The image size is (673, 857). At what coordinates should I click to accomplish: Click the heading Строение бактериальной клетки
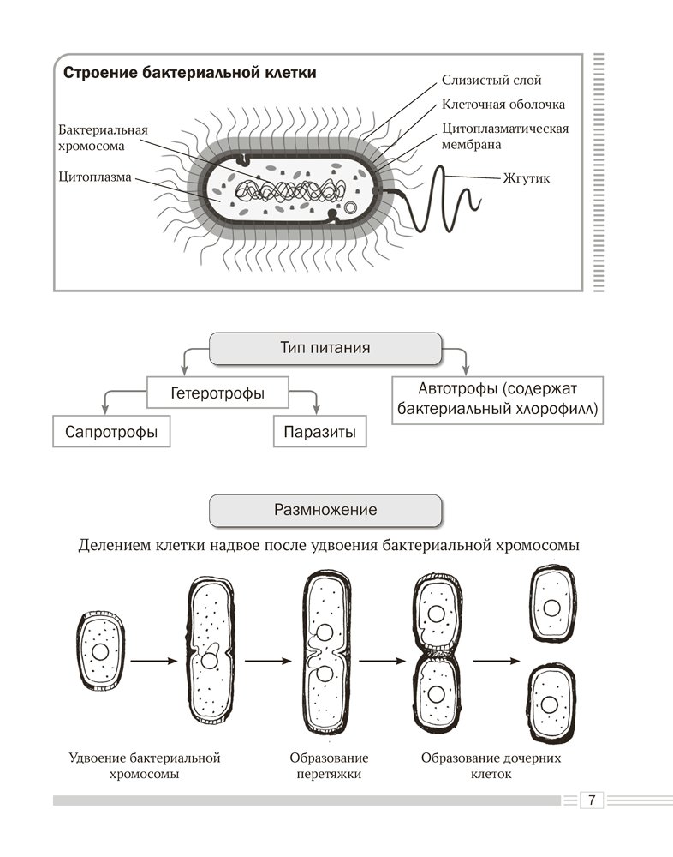pyautogui.click(x=190, y=73)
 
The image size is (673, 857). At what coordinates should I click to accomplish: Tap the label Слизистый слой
pyautogui.click(x=491, y=80)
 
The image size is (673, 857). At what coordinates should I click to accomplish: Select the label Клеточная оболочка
pyautogui.click(x=503, y=105)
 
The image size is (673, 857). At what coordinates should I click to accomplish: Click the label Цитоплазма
pyautogui.click(x=94, y=178)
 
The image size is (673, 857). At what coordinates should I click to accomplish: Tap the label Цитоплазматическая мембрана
pyautogui.click(x=504, y=136)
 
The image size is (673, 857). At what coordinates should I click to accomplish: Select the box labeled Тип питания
pyautogui.click(x=325, y=349)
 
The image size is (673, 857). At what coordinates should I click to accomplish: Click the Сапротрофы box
pyautogui.click(x=111, y=432)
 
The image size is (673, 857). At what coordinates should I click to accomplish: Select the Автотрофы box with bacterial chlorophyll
pyautogui.click(x=497, y=399)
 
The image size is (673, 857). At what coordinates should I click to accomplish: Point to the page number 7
pyautogui.click(x=591, y=800)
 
